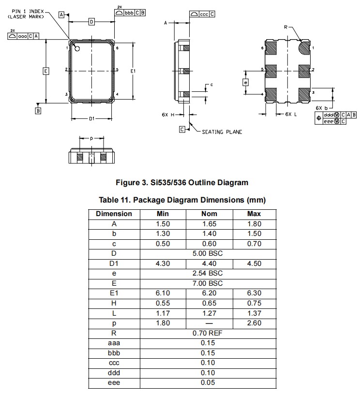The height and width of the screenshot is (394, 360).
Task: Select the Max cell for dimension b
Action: tap(254, 234)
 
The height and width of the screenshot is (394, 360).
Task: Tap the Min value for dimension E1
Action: tap(163, 293)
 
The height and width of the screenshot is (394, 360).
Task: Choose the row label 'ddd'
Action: tap(114, 373)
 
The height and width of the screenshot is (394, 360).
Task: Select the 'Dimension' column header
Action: tap(114, 214)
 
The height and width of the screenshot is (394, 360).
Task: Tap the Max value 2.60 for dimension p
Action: tap(254, 323)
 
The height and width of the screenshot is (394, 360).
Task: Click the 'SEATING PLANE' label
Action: tap(222, 132)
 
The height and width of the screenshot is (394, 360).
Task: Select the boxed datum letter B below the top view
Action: tap(38, 111)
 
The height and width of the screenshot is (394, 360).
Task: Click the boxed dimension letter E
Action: tap(45, 71)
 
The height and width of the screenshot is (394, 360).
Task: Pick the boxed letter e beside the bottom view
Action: tap(246, 82)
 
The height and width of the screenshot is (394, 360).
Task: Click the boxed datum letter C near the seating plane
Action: tap(182, 129)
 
